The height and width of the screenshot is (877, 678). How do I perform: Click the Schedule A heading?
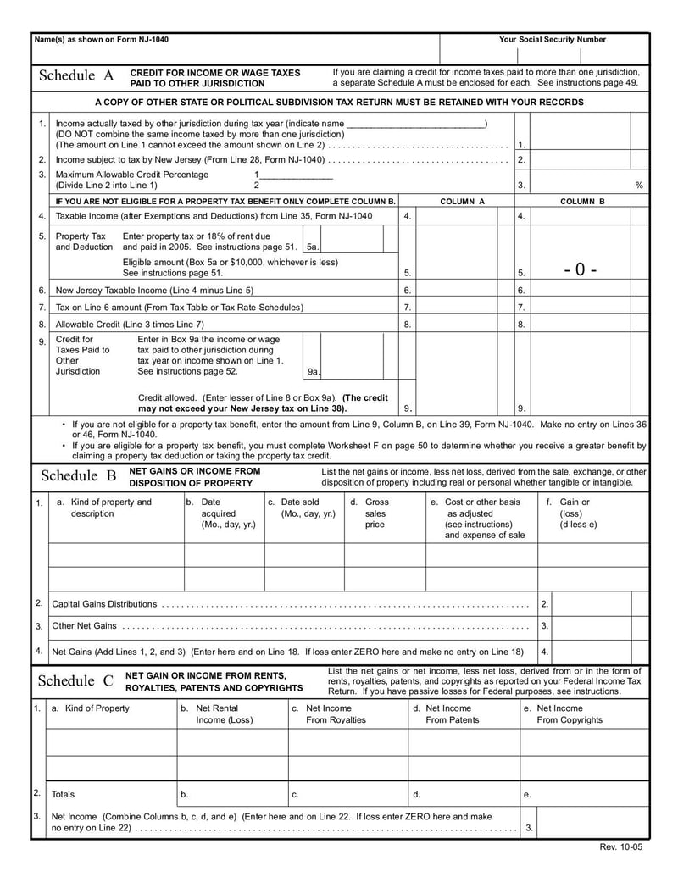pos(76,76)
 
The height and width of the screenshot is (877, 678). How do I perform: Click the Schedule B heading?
pos(79,475)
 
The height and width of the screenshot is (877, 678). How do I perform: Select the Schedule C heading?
pos(76,680)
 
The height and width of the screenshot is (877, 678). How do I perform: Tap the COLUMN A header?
pos(463,202)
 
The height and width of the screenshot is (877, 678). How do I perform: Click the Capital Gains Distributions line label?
pos(104,604)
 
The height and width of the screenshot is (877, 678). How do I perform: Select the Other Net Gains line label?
pos(84,626)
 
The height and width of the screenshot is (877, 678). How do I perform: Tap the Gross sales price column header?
pos(375,513)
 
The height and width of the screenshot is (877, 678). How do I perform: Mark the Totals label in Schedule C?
pos(63,794)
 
